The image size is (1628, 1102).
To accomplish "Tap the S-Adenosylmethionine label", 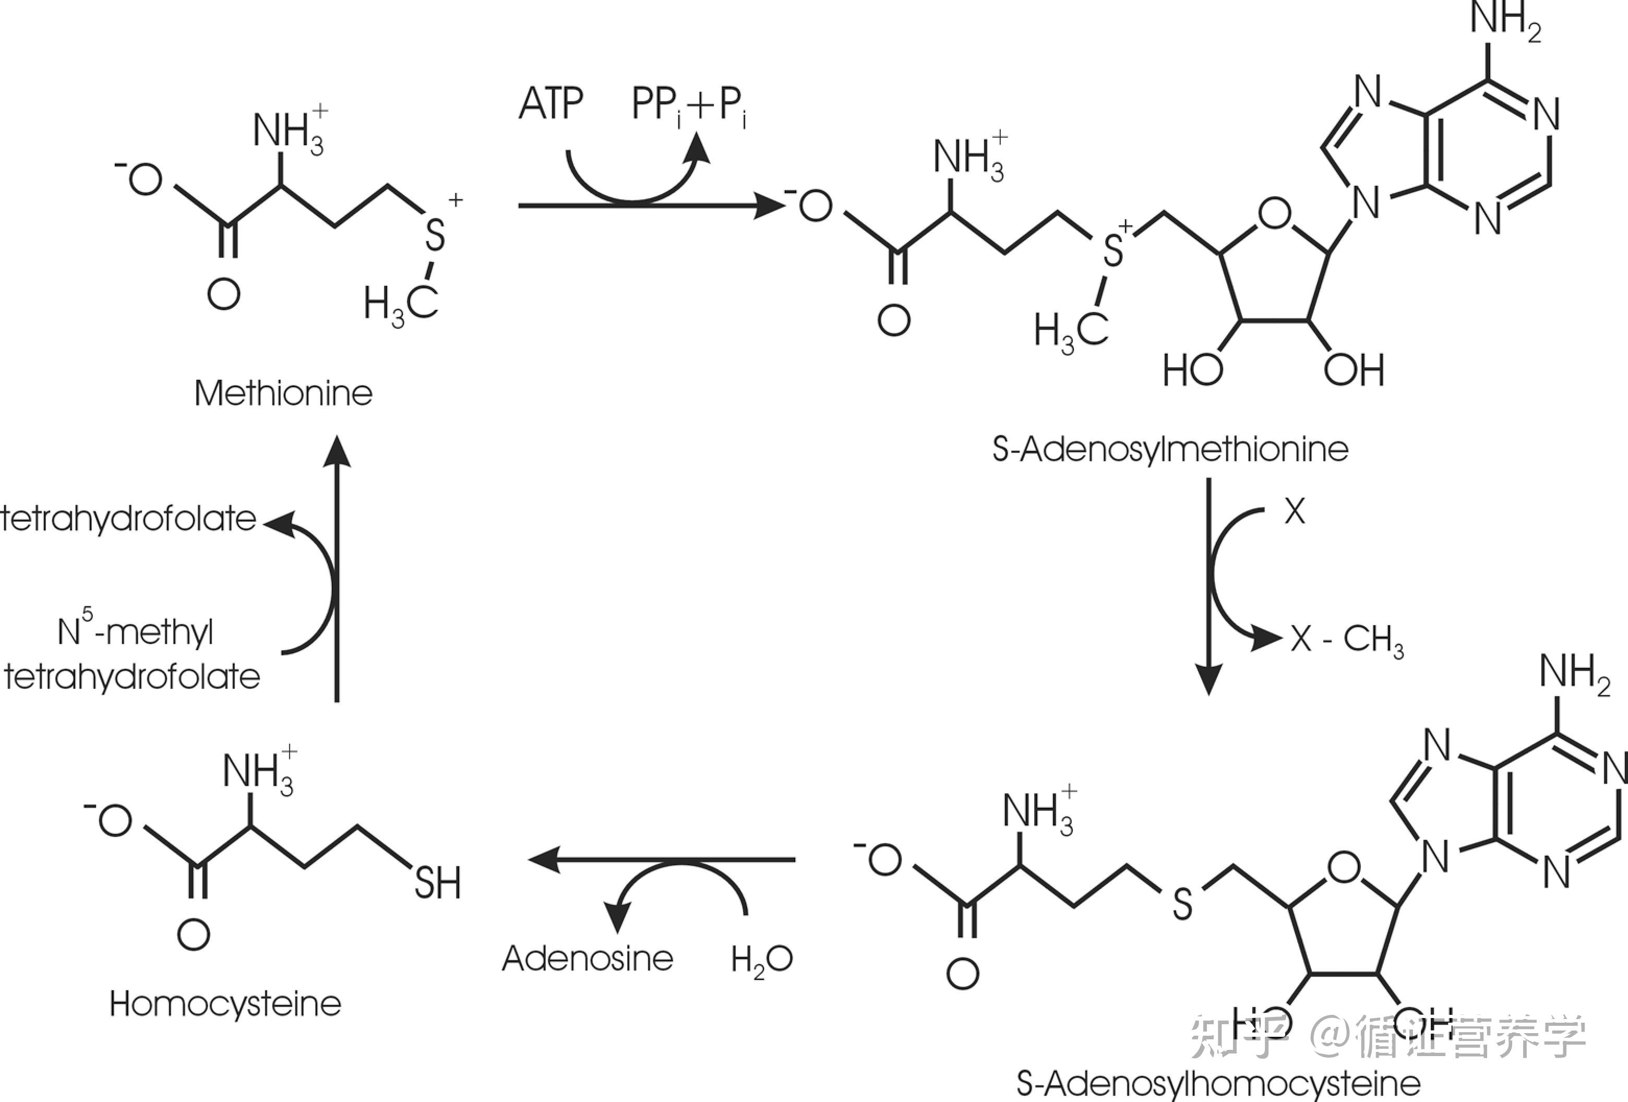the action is coord(1170,449).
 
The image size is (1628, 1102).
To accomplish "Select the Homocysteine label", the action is coord(225,1004).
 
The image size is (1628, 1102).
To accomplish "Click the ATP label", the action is coord(550,104).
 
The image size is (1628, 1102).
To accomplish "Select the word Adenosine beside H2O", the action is coord(588,959).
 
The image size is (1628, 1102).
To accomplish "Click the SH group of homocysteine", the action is coord(438,883).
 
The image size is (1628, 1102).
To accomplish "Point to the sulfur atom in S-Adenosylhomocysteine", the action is coord(1182,904).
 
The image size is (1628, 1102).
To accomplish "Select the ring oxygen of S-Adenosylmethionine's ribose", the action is coord(1274,214).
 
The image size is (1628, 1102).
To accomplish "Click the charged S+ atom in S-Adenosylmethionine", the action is coord(1113,249).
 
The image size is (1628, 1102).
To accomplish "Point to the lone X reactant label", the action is coord(1295,511).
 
